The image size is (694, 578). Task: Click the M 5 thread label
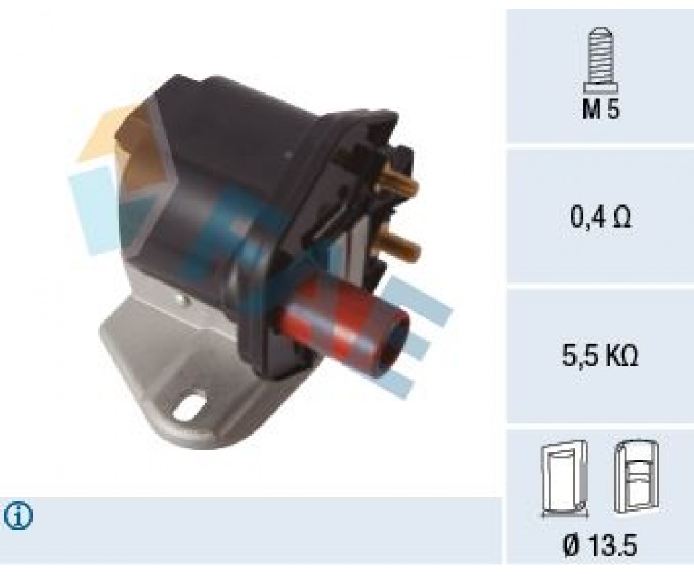[x=601, y=109]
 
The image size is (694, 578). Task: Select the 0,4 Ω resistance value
[x=600, y=217]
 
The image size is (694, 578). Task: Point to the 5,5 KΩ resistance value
[x=600, y=356]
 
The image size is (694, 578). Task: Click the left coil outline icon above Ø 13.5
[x=565, y=478]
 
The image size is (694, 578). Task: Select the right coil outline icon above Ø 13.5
[x=636, y=477]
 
